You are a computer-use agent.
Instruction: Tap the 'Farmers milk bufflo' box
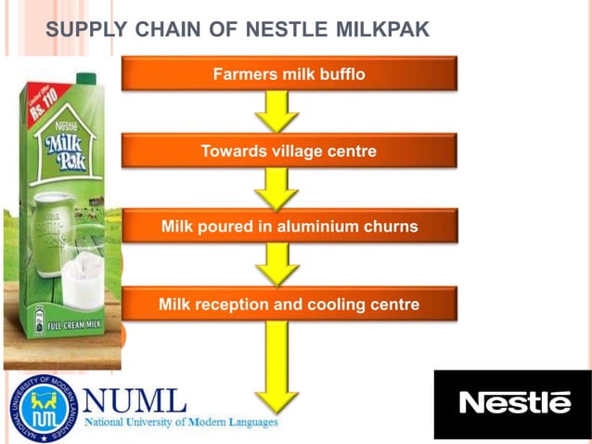point(289,73)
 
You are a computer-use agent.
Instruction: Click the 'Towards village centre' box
point(289,150)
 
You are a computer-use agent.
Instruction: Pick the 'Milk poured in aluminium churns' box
point(289,227)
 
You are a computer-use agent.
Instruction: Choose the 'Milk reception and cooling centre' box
point(289,304)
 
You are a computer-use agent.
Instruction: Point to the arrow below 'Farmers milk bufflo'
point(277,111)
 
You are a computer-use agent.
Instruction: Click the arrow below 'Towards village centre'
point(277,189)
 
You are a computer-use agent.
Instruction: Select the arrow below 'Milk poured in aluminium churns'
point(277,265)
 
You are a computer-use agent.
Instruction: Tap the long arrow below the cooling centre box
point(277,366)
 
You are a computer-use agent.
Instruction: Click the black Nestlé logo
point(513,403)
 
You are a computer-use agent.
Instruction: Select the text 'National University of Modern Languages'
point(181,423)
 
